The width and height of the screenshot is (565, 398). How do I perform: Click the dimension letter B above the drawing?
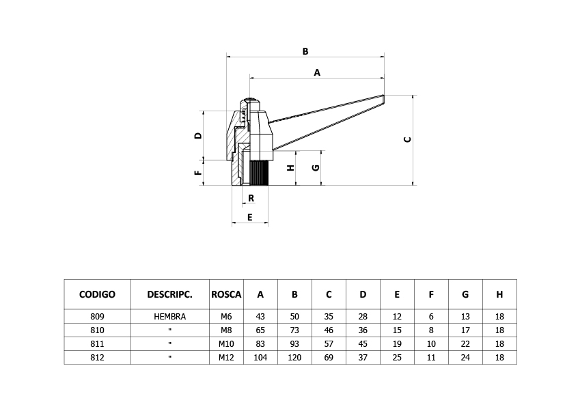[x=305, y=51]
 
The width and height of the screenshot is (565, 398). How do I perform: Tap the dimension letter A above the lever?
[x=317, y=73]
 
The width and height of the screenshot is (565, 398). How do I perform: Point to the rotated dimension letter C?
[x=408, y=140]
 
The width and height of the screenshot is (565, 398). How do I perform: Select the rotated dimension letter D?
[x=199, y=136]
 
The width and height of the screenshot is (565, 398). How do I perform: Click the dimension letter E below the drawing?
[x=250, y=217]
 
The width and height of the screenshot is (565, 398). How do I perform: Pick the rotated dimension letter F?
[x=199, y=173]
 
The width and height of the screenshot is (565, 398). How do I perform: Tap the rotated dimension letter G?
[x=316, y=167]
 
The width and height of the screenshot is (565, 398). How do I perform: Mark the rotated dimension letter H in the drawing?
[x=291, y=167]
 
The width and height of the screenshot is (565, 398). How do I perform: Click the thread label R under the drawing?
[x=251, y=198]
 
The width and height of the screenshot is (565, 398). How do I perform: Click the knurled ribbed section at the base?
[x=258, y=173]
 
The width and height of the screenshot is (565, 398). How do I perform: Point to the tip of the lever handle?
[x=384, y=95]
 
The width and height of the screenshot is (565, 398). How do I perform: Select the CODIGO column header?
[x=97, y=295]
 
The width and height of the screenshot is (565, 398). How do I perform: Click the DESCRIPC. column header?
[x=169, y=295]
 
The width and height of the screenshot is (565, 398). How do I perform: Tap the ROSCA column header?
[x=226, y=295]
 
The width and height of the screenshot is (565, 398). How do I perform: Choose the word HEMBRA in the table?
[x=169, y=317]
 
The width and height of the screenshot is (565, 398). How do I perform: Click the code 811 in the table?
[x=97, y=344]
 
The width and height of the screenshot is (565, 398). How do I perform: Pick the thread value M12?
[x=226, y=358]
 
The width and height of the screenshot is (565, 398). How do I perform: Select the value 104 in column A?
[x=260, y=358]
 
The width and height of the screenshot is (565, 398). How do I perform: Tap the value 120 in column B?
[x=294, y=358]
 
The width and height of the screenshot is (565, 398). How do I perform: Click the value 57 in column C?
[x=329, y=344]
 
